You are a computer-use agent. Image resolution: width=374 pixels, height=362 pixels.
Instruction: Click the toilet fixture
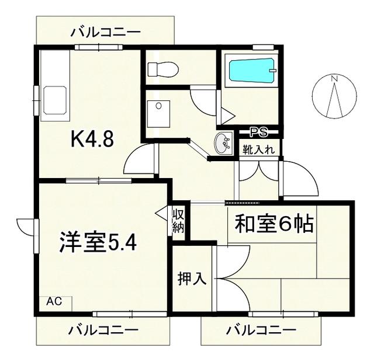tap(163, 69)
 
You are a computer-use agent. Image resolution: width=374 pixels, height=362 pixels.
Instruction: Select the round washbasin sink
tap(223, 143)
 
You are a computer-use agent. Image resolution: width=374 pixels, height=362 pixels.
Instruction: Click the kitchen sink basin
tap(55, 100)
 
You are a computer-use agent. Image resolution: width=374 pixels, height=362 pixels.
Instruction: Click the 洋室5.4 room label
tap(98, 242)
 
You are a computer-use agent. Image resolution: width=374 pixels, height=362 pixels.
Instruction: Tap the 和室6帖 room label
tap(274, 224)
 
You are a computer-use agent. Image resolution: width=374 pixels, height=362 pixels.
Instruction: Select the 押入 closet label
tap(192, 279)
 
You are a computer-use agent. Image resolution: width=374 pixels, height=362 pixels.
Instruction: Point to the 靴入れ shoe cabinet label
tap(258, 150)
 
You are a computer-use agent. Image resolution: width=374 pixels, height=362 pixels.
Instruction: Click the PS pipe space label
tap(258, 132)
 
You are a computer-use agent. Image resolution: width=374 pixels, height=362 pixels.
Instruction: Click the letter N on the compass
tap(335, 78)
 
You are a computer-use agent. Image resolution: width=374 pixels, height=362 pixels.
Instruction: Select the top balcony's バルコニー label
tap(105, 32)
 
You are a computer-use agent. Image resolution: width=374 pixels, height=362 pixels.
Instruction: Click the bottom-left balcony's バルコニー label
tap(103, 330)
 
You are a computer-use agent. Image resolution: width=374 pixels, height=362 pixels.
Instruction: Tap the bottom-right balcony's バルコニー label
tap(261, 330)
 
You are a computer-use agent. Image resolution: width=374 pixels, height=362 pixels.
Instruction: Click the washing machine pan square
tap(158, 114)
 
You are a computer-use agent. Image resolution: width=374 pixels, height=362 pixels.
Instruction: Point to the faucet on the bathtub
tap(273, 70)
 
